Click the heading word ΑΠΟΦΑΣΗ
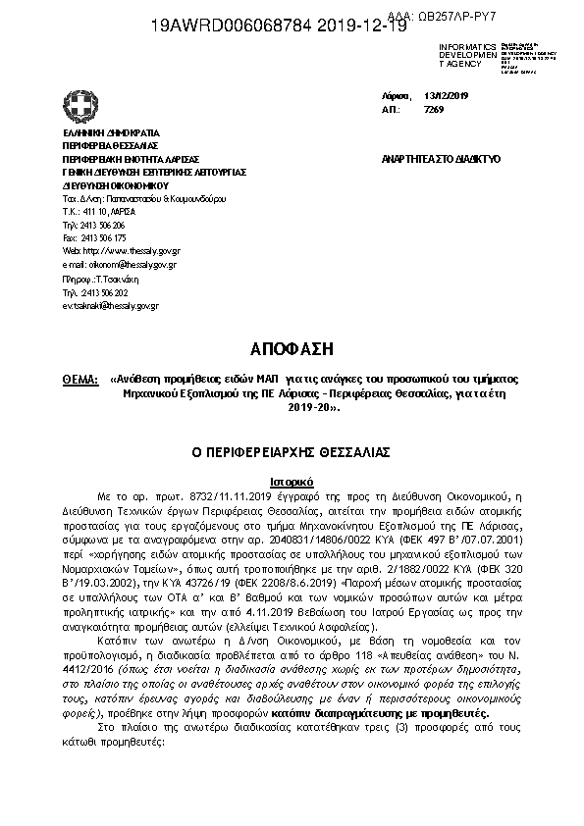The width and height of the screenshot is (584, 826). click(x=292, y=348)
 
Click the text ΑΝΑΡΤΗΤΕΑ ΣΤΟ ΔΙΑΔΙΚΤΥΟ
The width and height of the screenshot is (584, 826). click(x=440, y=158)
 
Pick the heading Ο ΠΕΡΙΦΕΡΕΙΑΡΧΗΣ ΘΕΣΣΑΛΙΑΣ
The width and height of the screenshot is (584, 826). click(x=292, y=452)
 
